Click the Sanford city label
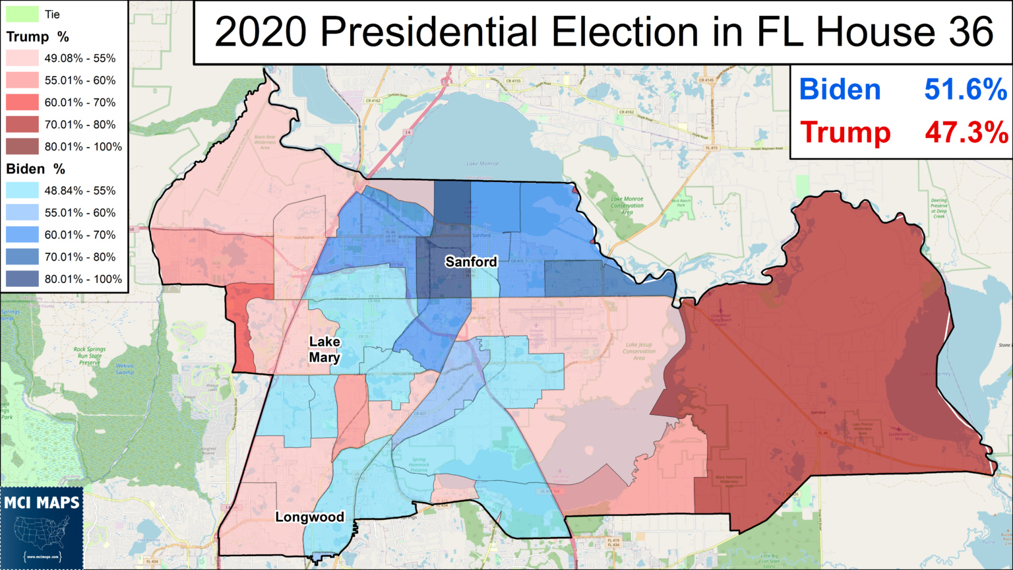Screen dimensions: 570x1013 [471, 262]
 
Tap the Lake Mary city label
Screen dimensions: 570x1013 [324, 350]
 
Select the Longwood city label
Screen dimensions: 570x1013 [309, 517]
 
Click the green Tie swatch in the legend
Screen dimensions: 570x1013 [22, 14]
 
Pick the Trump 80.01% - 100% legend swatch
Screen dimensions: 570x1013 [22, 146]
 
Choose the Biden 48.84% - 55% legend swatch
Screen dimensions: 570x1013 [22, 191]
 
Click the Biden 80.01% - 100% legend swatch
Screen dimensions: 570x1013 [22, 279]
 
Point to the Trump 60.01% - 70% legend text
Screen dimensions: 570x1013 [80, 102]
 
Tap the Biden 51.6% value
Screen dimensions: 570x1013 [966, 90]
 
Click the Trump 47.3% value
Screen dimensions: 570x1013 [966, 133]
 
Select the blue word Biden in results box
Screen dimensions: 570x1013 [840, 90]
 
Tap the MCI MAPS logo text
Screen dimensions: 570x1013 [42, 503]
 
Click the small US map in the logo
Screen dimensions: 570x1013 [42, 532]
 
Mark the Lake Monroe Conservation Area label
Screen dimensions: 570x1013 [627, 205]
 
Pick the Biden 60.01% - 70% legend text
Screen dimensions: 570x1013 [80, 235]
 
